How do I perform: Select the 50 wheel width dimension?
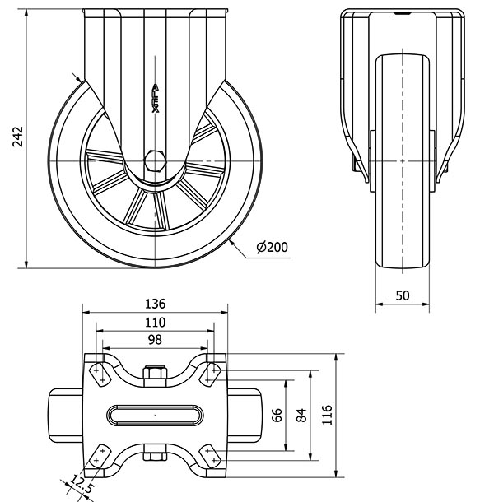click(403, 295)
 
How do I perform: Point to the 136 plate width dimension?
click(156, 303)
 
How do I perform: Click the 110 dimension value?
click(155, 321)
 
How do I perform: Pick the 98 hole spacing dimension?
click(155, 339)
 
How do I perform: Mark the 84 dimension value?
click(301, 415)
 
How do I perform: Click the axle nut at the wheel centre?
click(155, 159)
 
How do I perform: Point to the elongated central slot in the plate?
click(155, 414)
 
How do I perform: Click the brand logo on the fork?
click(155, 98)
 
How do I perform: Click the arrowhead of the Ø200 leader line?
click(233, 241)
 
